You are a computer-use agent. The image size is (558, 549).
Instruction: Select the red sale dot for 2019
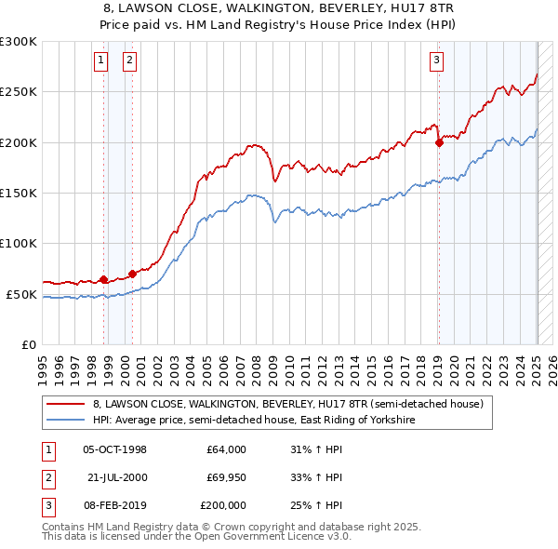(439, 142)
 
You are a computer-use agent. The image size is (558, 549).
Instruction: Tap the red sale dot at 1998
(103, 279)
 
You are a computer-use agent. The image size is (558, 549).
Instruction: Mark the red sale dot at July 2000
(133, 274)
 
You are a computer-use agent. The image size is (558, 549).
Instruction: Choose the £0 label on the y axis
(27, 344)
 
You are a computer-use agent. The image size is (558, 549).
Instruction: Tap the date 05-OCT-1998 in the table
(115, 449)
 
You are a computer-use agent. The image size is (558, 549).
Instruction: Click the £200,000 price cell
(224, 505)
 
